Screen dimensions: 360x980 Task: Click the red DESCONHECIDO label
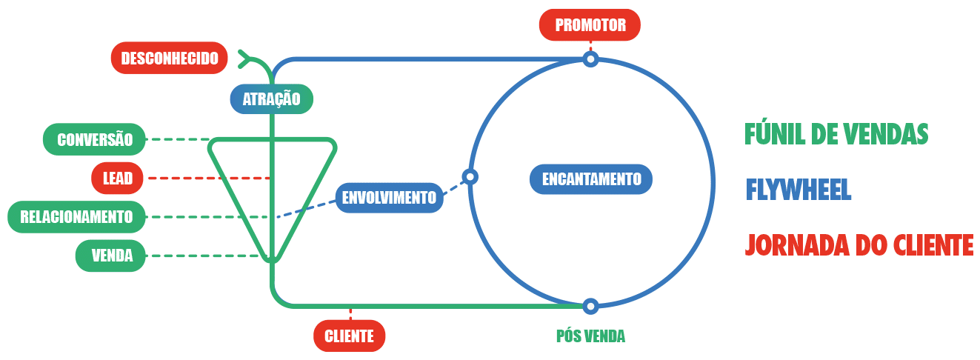(169, 58)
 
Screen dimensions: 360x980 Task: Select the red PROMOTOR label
(590, 25)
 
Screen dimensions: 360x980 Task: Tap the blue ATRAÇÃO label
(271, 99)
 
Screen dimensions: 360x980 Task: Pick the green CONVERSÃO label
(95, 139)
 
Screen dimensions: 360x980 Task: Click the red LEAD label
(119, 179)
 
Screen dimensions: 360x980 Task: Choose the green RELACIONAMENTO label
(76, 217)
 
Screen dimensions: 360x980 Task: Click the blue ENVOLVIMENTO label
(389, 198)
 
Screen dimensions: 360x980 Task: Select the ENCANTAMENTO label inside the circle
(591, 179)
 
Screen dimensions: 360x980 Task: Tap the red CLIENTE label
(349, 336)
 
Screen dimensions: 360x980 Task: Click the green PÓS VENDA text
(590, 336)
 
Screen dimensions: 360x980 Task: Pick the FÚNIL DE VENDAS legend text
(836, 134)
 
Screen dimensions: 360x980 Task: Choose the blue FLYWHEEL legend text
(798, 190)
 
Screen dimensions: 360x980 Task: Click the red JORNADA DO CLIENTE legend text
(859, 244)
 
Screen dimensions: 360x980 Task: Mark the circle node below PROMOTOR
(590, 59)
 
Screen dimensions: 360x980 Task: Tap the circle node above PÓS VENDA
(590, 305)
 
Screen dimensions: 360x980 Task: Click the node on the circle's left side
(470, 177)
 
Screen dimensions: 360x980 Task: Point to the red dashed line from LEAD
(207, 179)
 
